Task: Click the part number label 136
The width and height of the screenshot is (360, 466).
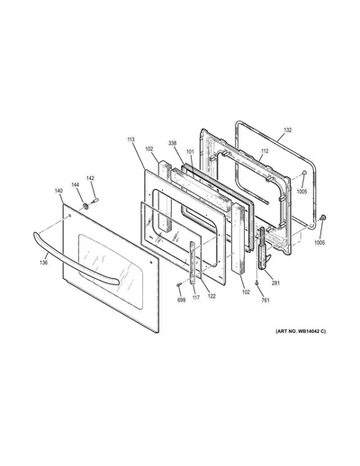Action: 44,263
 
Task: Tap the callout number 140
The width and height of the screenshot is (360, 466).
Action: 58,191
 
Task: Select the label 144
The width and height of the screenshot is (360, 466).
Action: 75,185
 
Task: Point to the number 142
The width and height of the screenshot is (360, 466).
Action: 90,178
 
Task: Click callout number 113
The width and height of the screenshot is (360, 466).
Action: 130,139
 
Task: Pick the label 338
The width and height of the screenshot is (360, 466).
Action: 172,143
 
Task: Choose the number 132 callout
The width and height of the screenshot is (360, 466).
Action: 287,130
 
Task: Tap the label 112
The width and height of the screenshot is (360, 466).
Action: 265,151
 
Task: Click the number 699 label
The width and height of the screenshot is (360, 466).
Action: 182,300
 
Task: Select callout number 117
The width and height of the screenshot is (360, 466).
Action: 196,298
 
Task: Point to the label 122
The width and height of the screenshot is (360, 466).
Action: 211,296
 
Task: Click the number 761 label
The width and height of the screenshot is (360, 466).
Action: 265,300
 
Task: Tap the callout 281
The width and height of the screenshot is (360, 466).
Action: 275,282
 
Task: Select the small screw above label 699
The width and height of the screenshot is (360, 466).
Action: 178,284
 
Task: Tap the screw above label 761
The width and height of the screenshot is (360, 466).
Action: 256,282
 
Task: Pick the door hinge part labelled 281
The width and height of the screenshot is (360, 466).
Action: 263,249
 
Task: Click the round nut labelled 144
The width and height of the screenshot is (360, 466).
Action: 85,206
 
